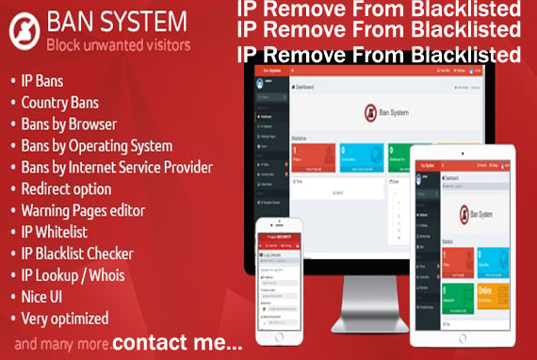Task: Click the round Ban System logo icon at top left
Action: click(x=23, y=31)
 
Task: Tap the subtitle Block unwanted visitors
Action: click(x=118, y=44)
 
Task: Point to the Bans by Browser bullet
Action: click(x=69, y=123)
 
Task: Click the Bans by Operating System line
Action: click(x=96, y=146)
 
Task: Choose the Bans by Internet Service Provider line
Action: click(x=116, y=167)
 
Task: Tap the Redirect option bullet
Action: click(x=66, y=188)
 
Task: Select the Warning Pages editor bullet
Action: click(x=83, y=210)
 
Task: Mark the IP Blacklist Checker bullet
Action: click(x=77, y=254)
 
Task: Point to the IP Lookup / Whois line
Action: click(x=72, y=275)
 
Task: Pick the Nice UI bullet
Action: click(x=44, y=296)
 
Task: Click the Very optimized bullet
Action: click(x=64, y=319)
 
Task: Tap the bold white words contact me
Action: click(x=176, y=343)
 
